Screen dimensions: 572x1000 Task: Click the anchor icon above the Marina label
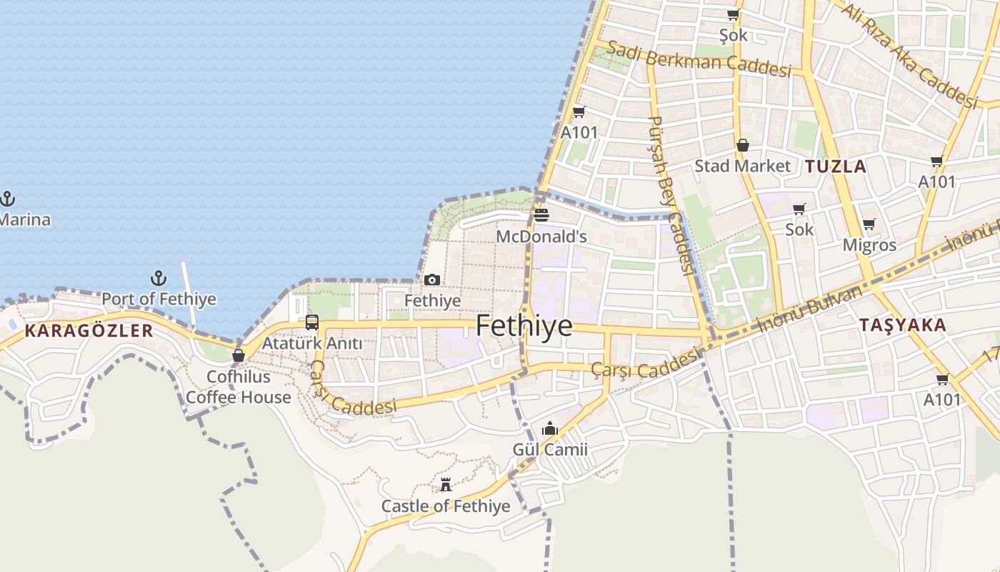pos(8,198)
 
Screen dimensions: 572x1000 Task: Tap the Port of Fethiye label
pos(159,298)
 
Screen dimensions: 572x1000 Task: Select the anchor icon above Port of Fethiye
pos(159,278)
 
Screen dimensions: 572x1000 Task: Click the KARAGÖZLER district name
pos(89,330)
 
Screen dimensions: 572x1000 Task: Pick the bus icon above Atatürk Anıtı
pos(312,322)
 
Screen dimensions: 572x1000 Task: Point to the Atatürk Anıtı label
pos(312,343)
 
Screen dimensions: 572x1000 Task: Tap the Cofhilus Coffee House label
pos(239,387)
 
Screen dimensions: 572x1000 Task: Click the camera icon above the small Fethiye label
pos(432,280)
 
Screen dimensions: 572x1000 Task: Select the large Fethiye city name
pos(524,325)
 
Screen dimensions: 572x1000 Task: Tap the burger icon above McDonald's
pos(541,215)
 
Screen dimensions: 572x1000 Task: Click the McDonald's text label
pos(541,236)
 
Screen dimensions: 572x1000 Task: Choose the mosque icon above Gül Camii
pos(550,429)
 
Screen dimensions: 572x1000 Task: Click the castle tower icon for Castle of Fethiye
pos(446,485)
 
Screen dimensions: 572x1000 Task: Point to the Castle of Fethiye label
pos(446,506)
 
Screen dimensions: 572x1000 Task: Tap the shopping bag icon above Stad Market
pos(743,146)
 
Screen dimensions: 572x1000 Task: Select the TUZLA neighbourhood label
pos(836,167)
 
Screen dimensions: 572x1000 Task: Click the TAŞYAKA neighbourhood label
pos(903,325)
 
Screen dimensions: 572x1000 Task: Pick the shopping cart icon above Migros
pos(869,225)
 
